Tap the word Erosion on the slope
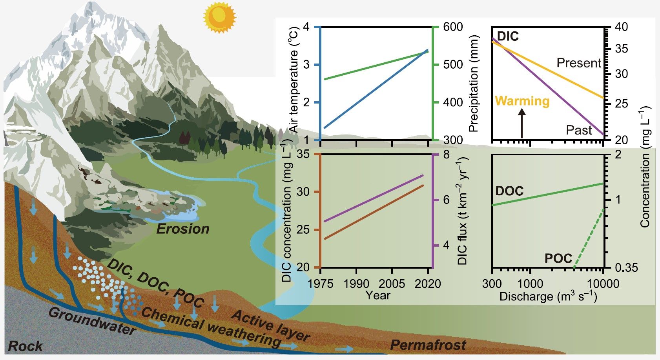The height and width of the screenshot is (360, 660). pos(183,229)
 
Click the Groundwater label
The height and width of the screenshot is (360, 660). pos(92,321)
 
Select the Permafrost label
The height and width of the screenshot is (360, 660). pos(428,345)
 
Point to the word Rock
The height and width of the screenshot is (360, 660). pos(26,346)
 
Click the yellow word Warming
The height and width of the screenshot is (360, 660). pos(522,101)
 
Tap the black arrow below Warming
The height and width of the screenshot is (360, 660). pos(522,124)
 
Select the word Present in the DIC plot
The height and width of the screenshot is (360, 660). pos(579,63)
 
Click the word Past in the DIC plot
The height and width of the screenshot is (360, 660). pos(579,130)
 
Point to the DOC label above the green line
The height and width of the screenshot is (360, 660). pos(509,191)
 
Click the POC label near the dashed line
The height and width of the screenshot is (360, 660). pos(558,258)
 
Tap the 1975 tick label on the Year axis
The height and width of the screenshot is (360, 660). pos(320,284)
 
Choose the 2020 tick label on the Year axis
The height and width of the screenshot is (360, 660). pos(428,284)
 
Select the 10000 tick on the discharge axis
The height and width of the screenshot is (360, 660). pos(603,284)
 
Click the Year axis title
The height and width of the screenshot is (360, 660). pos(378,295)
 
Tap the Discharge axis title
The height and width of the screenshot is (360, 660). pos(548,296)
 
